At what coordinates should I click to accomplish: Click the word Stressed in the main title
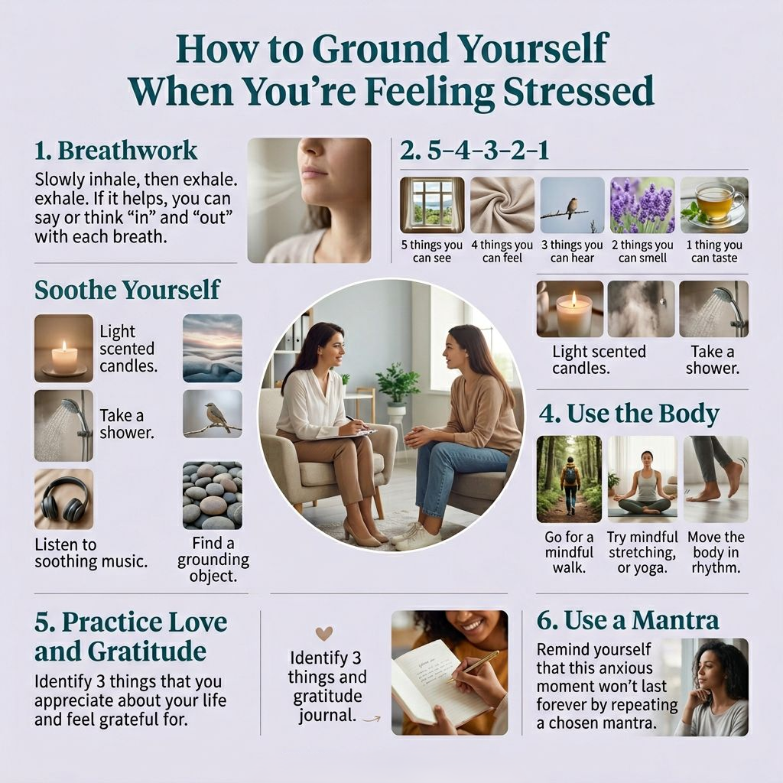point(578,90)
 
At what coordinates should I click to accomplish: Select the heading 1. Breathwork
point(116,151)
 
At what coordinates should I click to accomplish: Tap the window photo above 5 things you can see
point(432,205)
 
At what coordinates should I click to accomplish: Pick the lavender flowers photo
point(642,205)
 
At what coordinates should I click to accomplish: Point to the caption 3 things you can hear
point(572,251)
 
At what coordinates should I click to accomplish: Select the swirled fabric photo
point(502,205)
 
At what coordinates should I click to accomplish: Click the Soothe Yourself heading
point(127,290)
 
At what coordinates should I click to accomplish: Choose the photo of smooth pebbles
point(213,495)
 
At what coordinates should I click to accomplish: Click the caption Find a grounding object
point(213,559)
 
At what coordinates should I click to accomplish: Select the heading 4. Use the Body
point(629,414)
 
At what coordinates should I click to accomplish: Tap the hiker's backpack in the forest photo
point(570,475)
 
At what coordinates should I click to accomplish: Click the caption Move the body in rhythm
point(716,552)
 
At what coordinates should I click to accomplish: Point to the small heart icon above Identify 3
point(324,634)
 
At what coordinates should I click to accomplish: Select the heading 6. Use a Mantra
point(628,621)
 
